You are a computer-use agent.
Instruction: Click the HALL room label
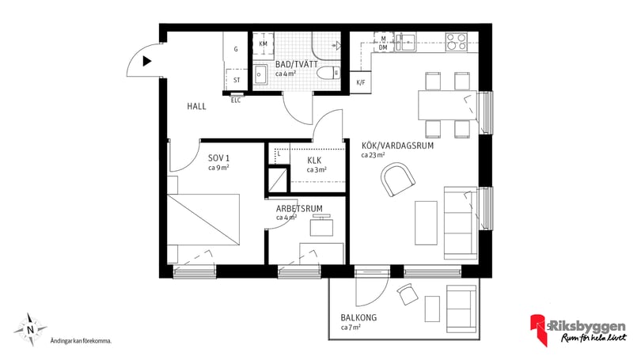197,106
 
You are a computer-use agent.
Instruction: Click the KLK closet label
314,161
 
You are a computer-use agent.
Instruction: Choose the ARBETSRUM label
299,208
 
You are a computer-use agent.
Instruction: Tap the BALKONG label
358,317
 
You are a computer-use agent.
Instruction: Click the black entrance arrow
147,59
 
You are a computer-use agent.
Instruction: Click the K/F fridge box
361,82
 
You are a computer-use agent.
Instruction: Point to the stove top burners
457,41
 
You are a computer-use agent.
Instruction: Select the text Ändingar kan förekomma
80,341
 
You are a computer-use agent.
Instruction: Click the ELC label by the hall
236,100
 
